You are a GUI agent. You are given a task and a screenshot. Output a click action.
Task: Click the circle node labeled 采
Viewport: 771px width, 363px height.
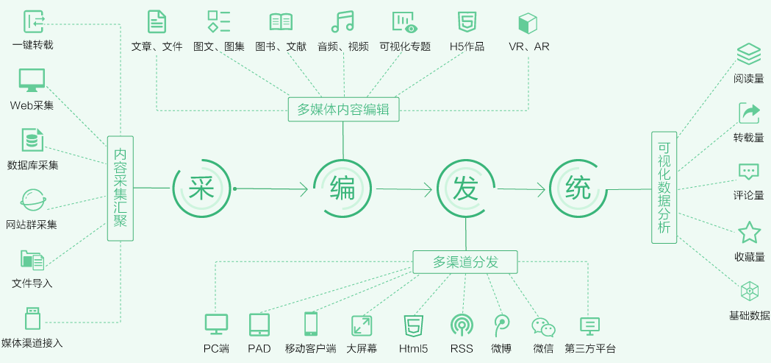[x=201, y=189]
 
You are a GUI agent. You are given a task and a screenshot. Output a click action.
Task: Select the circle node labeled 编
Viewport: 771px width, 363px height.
[x=343, y=189]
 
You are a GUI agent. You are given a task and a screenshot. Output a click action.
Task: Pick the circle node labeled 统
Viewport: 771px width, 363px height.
[x=578, y=189]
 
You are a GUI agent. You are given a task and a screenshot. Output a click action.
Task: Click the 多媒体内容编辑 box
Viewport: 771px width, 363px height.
[x=343, y=110]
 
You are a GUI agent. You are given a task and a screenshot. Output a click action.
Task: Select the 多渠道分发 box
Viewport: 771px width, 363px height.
[x=465, y=261]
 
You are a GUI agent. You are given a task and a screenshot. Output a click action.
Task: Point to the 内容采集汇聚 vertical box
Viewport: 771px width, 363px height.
[x=121, y=188]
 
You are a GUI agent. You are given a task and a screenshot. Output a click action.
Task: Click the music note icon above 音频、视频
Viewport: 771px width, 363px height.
[x=343, y=21]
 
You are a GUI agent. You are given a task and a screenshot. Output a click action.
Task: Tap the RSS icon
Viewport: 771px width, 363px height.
[x=462, y=324]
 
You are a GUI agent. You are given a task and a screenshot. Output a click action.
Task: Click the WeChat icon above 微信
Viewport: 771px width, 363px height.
[x=543, y=326]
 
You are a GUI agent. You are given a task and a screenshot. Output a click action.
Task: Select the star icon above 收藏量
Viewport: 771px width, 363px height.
[x=749, y=233]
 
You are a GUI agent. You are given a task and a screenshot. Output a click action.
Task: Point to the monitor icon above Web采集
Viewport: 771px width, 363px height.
[x=32, y=80]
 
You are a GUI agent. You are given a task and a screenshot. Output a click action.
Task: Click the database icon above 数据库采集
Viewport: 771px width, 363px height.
[x=32, y=139]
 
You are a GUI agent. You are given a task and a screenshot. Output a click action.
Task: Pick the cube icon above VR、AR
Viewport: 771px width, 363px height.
[x=527, y=22]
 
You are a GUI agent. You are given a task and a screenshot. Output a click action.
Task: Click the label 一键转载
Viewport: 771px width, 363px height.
[x=32, y=45]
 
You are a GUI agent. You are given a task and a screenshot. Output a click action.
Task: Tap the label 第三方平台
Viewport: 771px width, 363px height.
[x=590, y=348]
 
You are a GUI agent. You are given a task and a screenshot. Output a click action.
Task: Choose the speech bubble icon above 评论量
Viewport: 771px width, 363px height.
[x=749, y=172]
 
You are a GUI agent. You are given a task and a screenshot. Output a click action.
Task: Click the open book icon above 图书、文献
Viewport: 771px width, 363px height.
[x=281, y=22]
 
